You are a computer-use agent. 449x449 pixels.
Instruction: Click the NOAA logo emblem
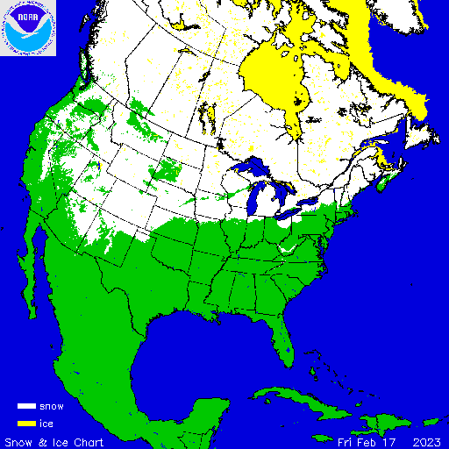point(28,28)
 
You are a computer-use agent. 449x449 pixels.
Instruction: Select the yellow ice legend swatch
point(25,424)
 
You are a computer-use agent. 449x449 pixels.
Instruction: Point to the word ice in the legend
point(46,424)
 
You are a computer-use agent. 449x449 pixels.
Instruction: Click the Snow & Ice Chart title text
point(54,440)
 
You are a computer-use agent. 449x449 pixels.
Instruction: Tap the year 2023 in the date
point(425,440)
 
